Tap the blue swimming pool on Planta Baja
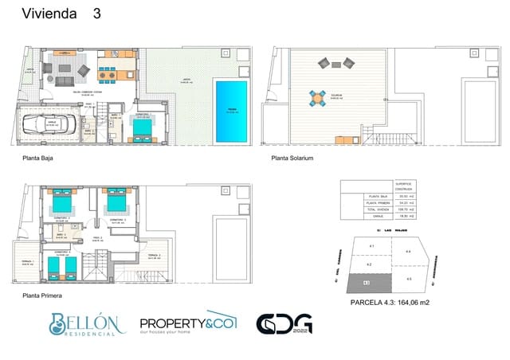coord(231,111)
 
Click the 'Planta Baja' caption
coord(39,159)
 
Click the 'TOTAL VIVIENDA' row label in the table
coord(375,209)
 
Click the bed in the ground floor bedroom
coord(151,127)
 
